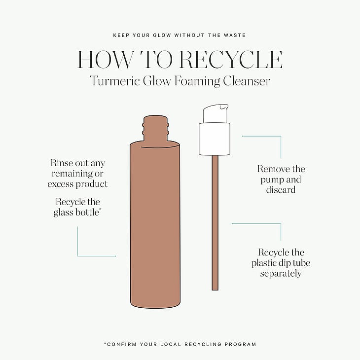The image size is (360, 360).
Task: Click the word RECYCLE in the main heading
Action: (x=230, y=60)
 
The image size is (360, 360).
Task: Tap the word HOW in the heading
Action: (x=105, y=60)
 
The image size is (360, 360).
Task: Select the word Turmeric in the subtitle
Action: (x=114, y=81)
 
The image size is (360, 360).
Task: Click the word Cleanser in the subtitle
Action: (x=246, y=81)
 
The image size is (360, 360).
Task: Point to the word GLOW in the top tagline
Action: (x=162, y=36)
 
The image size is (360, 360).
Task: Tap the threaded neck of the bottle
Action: (x=155, y=129)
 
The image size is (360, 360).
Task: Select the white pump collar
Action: (x=215, y=139)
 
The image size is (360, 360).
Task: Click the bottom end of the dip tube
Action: (x=215, y=290)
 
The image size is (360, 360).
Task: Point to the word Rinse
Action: (x=60, y=163)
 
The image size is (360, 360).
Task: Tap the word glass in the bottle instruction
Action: (x=64, y=213)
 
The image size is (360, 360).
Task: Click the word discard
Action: (x=281, y=190)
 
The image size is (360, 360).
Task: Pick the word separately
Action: (x=281, y=273)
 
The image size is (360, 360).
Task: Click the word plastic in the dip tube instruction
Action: (x=263, y=263)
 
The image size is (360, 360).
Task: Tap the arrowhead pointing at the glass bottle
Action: (x=115, y=256)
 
